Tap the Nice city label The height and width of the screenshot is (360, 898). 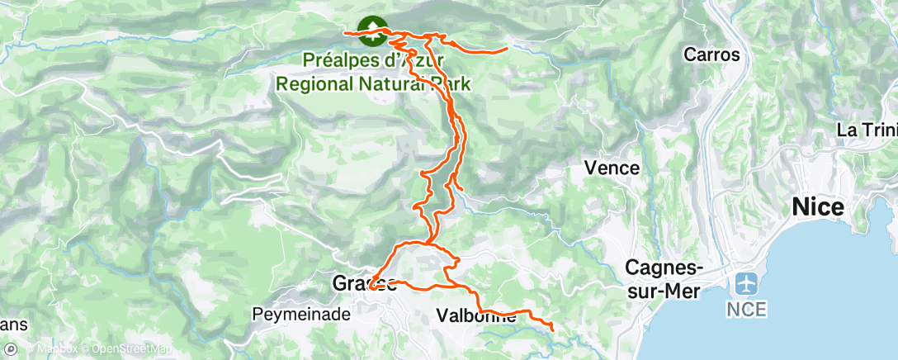point(818,207)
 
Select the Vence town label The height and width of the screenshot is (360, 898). point(612,168)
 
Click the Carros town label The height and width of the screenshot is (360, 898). point(711,55)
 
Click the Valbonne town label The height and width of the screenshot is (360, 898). point(475,315)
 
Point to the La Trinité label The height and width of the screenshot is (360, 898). point(867,130)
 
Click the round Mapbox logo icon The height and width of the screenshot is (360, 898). point(11,348)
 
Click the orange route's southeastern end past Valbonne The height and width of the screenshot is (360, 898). point(552,331)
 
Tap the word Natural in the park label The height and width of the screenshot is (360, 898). point(395,83)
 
